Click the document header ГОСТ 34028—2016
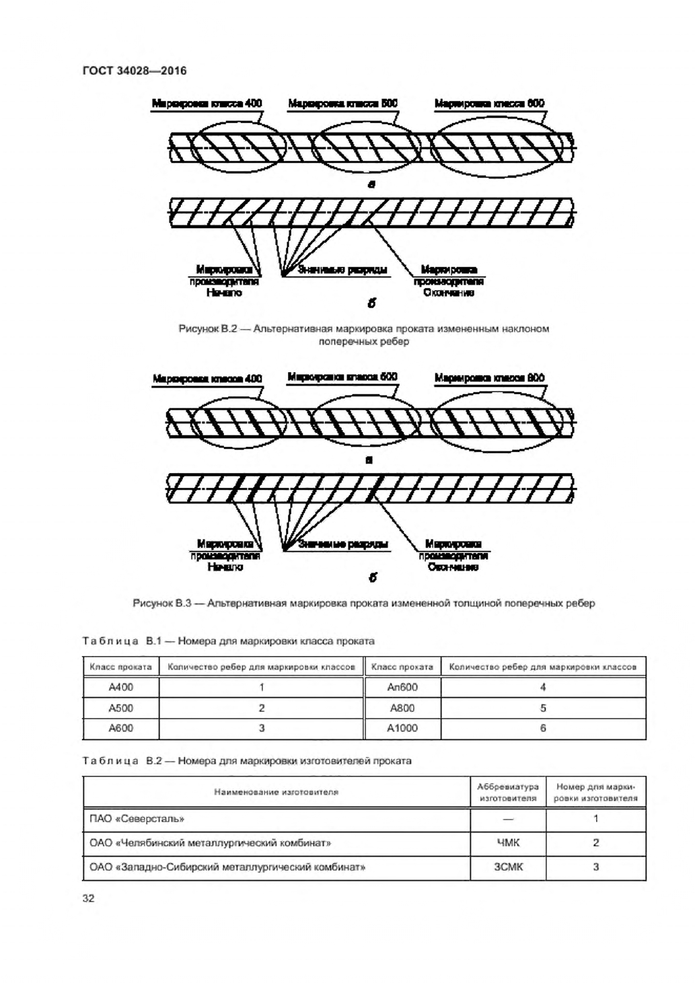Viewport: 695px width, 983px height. point(134,71)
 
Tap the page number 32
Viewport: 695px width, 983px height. point(88,898)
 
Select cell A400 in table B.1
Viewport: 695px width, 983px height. point(121,687)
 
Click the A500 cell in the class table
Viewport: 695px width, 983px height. point(121,708)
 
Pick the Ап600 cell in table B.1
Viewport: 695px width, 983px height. point(402,687)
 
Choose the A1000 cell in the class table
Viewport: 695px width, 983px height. point(402,728)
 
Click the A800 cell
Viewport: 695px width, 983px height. point(402,708)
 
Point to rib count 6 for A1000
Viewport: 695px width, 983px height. point(543,728)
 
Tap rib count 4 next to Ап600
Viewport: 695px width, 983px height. point(543,687)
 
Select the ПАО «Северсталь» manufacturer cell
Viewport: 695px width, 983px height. point(137,819)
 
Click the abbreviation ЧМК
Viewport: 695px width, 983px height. point(507,842)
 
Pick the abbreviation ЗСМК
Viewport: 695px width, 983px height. point(507,867)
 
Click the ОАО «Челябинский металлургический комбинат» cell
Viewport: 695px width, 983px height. point(211,842)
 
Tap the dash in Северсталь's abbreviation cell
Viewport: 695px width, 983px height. point(507,819)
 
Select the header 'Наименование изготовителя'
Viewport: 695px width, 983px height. point(276,792)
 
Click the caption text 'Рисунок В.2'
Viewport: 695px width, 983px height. point(205,329)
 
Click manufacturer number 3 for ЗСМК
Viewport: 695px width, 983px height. point(595,867)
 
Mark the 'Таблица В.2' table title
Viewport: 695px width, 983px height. point(121,761)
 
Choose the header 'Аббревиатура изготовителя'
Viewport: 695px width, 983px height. point(507,792)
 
